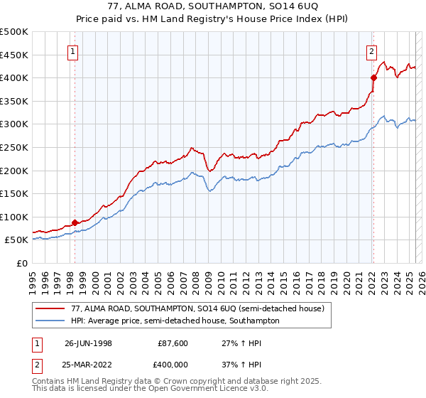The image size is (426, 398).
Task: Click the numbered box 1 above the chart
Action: tap(74, 50)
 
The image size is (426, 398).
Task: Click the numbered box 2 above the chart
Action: tap(371, 50)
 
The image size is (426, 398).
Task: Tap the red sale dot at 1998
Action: tap(75, 222)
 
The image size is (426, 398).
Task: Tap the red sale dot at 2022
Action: tap(373, 77)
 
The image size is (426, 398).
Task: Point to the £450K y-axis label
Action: tap(14, 55)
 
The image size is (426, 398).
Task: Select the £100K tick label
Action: tap(14, 217)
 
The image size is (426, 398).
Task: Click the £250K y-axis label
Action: tap(14, 147)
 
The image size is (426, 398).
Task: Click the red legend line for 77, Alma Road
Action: tap(49, 308)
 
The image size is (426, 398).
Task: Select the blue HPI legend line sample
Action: tap(49, 321)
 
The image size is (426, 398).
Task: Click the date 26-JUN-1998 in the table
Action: tap(88, 343)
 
